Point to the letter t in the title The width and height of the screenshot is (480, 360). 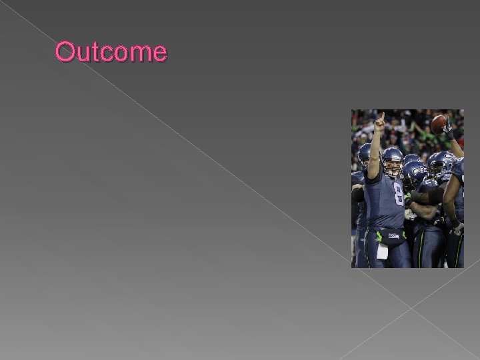93,52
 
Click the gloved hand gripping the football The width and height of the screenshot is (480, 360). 449,130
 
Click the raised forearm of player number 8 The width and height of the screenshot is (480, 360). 375,150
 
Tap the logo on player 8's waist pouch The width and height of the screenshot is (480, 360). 394,236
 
